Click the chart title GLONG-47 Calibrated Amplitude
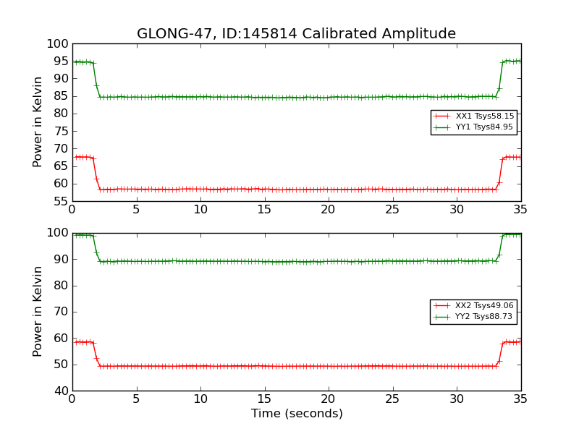click(x=296, y=34)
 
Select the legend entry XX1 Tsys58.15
click(x=484, y=116)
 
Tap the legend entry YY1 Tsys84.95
click(x=484, y=127)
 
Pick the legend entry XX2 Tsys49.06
click(x=484, y=305)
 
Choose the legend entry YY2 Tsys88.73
click(x=484, y=317)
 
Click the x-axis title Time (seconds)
click(x=297, y=414)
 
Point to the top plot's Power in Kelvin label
click(x=38, y=122)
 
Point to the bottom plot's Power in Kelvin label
click(x=38, y=312)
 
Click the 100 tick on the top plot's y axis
click(x=56, y=44)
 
